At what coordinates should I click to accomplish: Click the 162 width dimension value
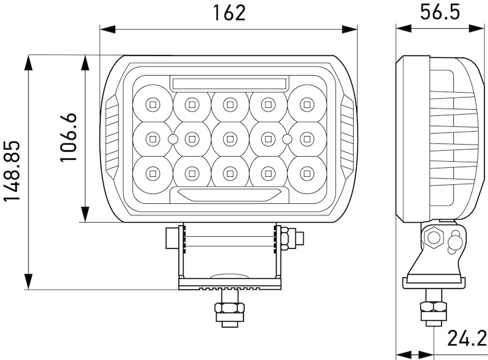pos(229,13)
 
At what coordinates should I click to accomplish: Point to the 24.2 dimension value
pos(467,337)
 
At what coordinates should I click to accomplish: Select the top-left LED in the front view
pos(151,104)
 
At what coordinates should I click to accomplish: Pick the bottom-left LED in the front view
pos(151,174)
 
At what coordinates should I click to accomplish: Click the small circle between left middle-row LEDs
pos(173,140)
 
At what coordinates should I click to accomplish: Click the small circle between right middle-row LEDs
pos(286,140)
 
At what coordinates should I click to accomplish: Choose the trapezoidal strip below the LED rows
pos(229,195)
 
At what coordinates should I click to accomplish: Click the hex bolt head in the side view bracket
pos(434,237)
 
